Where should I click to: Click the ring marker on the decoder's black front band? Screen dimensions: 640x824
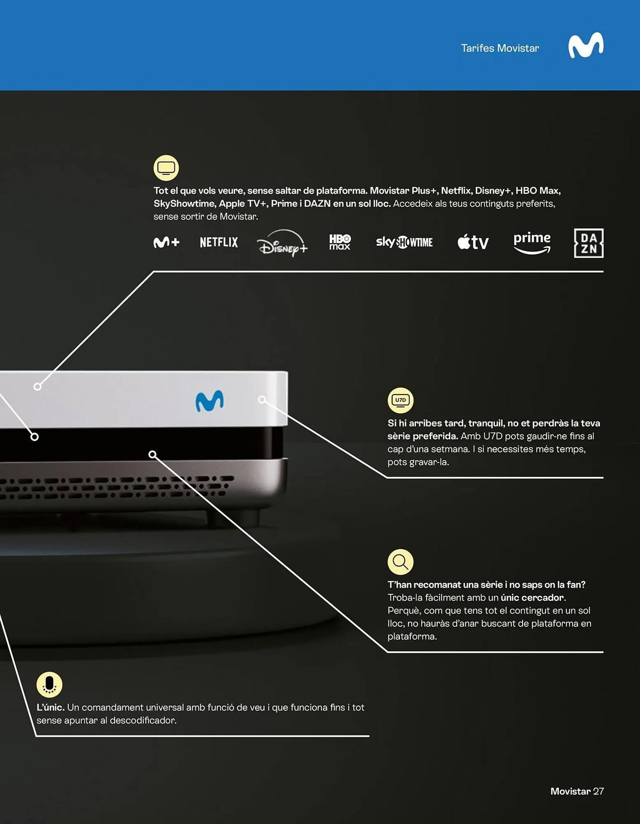(x=35, y=437)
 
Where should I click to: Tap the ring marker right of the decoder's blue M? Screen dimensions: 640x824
(x=262, y=399)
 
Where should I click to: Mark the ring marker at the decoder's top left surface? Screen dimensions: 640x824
(x=37, y=386)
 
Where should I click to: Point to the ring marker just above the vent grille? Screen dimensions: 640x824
(x=152, y=454)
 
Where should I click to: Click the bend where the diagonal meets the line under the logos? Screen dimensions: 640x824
(x=154, y=272)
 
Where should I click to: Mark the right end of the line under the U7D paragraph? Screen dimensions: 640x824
(x=603, y=478)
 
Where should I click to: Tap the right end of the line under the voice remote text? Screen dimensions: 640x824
(x=369, y=736)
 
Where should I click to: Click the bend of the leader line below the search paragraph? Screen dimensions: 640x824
(x=387, y=652)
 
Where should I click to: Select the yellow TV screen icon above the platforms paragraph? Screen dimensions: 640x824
(x=166, y=168)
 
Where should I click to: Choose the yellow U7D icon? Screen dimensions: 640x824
(x=400, y=400)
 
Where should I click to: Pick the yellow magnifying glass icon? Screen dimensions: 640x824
(x=400, y=562)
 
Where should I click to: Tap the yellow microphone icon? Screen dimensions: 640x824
(x=49, y=684)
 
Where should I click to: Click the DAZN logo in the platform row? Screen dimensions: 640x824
(x=589, y=243)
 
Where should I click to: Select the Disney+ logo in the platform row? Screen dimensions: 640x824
(x=282, y=243)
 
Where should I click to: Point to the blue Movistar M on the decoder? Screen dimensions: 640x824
(x=209, y=400)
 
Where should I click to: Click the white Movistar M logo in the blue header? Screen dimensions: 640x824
(x=586, y=45)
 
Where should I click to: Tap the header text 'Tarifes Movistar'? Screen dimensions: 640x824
(x=500, y=48)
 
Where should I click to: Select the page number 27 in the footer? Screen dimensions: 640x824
(x=598, y=791)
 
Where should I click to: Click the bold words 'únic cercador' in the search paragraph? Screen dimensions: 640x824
(x=532, y=597)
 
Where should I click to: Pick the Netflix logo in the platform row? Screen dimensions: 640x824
(x=219, y=242)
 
